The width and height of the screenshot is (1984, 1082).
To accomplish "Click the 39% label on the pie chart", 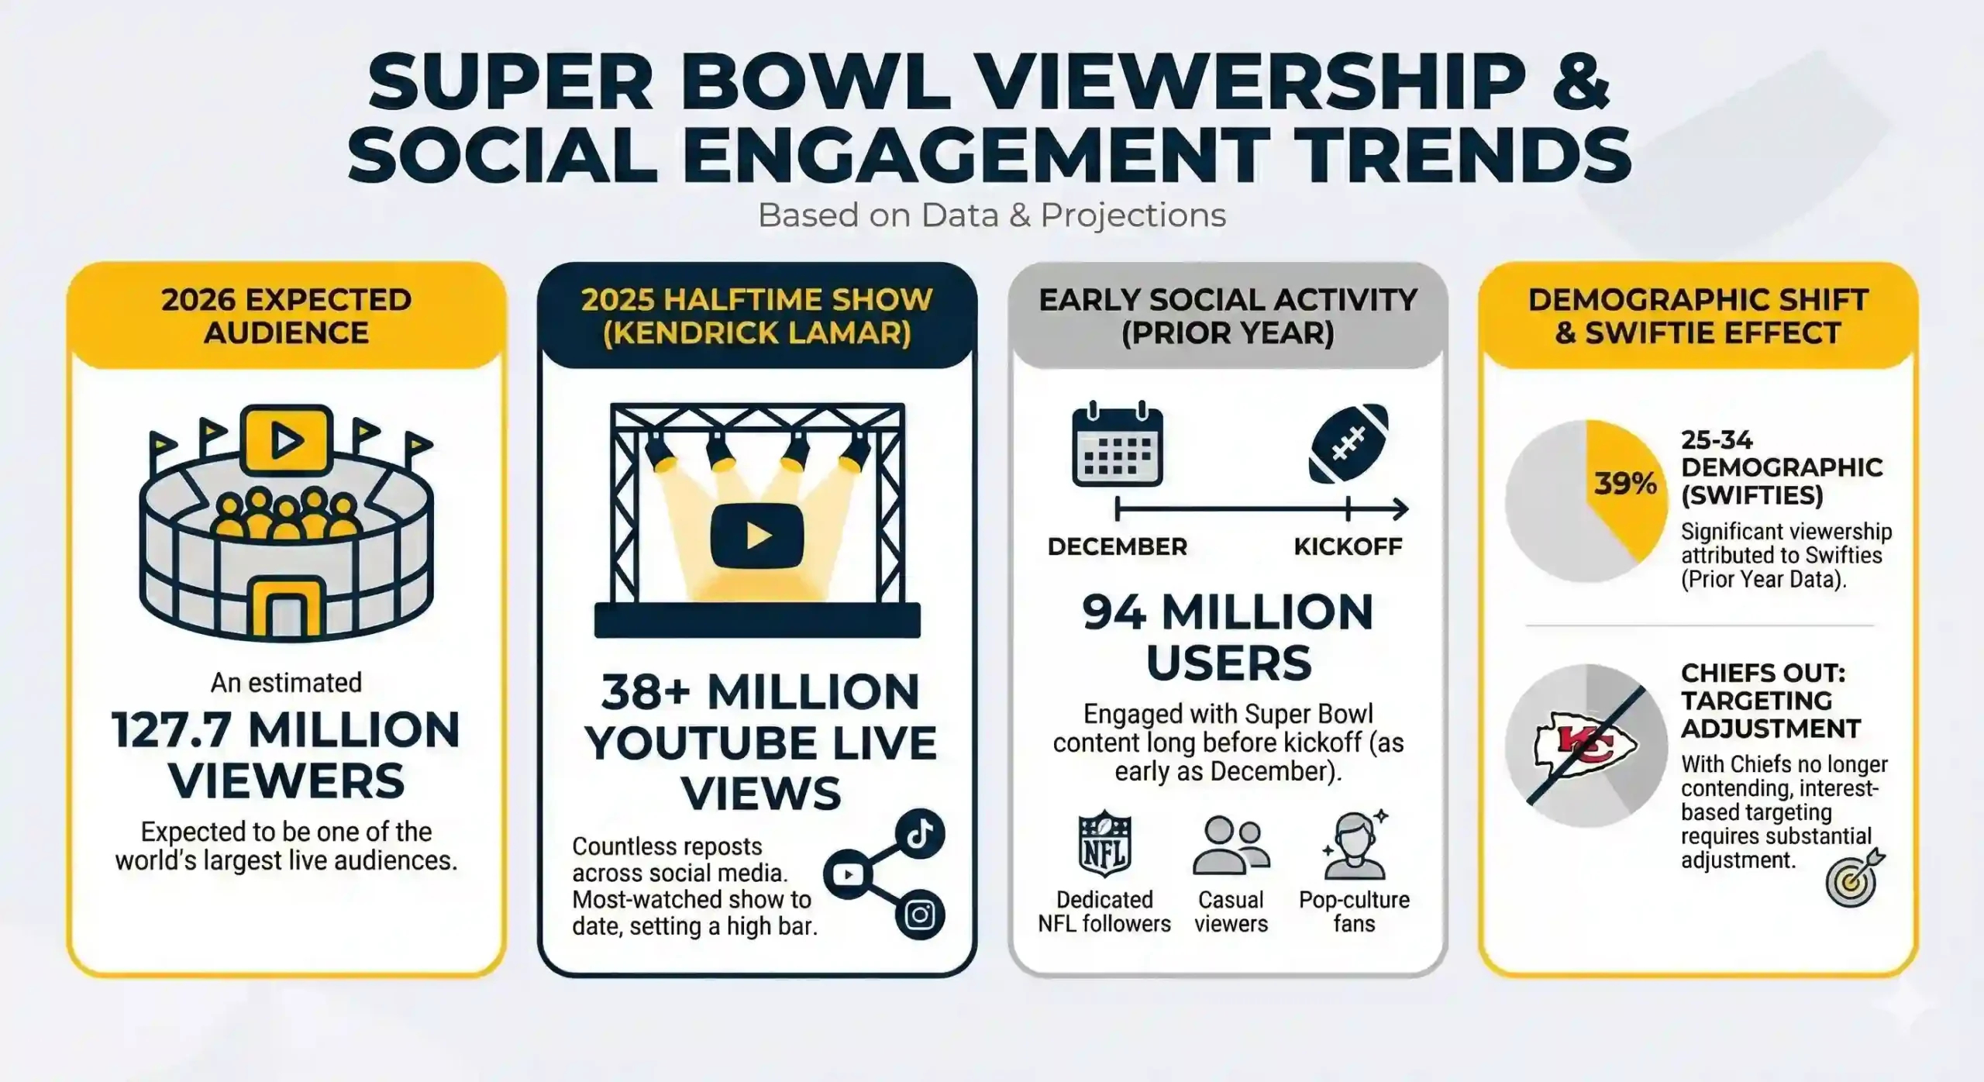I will (x=1625, y=484).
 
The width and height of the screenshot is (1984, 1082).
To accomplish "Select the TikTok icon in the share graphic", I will (x=920, y=834).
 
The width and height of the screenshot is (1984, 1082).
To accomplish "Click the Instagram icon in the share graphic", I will (x=920, y=915).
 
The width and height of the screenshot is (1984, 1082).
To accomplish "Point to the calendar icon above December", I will (x=1117, y=445).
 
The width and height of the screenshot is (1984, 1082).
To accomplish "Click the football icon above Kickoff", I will (x=1348, y=443).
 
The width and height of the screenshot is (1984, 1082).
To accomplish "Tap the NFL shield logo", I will (x=1104, y=846).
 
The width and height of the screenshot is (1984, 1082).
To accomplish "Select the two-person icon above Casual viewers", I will (x=1231, y=846).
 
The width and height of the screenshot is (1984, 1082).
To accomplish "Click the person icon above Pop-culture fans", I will (x=1354, y=846).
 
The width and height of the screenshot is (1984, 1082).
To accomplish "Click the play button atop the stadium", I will (x=287, y=440).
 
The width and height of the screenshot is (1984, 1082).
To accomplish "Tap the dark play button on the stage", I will (x=757, y=536).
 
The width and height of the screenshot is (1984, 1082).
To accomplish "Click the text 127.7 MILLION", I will (x=286, y=730).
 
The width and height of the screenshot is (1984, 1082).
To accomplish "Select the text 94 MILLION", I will (x=1228, y=612).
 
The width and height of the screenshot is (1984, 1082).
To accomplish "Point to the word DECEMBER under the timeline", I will (x=1117, y=546).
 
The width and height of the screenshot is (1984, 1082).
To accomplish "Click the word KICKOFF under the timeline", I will (x=1348, y=546).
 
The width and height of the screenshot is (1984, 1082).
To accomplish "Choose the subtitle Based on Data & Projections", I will (x=991, y=215).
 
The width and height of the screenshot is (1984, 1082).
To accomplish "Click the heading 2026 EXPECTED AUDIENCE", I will (x=286, y=316).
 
